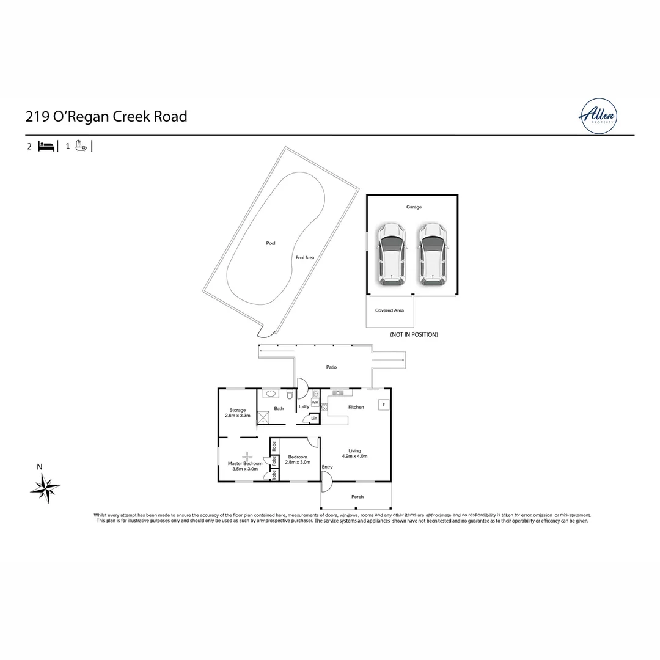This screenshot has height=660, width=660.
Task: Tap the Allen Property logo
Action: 598,116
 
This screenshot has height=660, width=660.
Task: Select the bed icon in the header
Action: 46,146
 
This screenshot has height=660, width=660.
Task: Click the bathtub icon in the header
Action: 81,146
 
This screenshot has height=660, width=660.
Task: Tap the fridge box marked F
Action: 383,405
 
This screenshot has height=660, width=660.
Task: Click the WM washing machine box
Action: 315,403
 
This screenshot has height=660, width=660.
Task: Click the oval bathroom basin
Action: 272,394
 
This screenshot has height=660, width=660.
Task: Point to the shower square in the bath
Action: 263,417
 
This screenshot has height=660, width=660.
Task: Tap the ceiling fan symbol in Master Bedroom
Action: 248,455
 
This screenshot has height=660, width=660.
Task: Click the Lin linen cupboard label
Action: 314,418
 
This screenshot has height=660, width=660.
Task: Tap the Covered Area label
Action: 389,310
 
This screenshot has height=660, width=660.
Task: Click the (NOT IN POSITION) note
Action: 414,334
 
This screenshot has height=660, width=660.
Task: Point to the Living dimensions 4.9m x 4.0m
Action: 354,456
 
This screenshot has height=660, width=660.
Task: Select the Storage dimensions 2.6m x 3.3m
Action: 238,416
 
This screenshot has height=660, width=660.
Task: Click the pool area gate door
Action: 264,331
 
